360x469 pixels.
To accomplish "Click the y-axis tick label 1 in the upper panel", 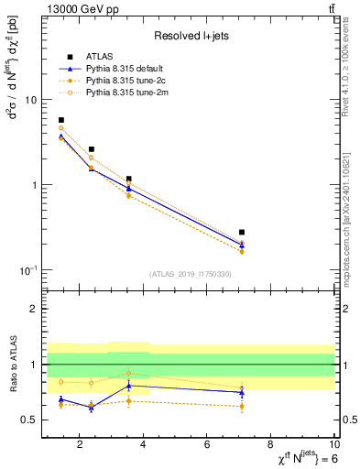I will (x=33, y=185).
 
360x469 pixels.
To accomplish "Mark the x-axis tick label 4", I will (x=143, y=447).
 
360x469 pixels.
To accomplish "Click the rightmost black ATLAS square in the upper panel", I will (x=242, y=233).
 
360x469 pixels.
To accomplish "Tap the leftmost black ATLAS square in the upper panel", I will (x=61, y=120).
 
